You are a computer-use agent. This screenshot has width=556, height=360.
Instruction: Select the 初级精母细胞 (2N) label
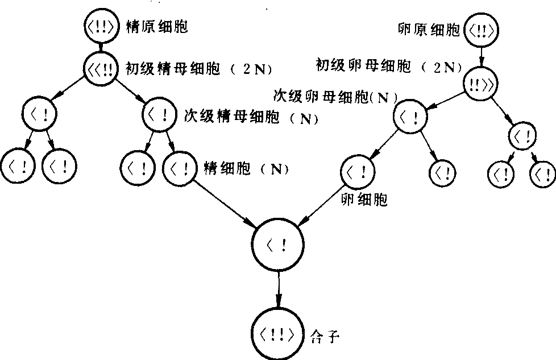click(x=198, y=69)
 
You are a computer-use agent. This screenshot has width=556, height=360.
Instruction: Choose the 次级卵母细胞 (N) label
click(x=335, y=96)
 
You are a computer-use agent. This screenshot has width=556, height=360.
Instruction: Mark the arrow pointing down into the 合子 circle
click(x=279, y=289)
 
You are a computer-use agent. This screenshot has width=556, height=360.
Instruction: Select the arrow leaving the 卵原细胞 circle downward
click(x=482, y=55)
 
